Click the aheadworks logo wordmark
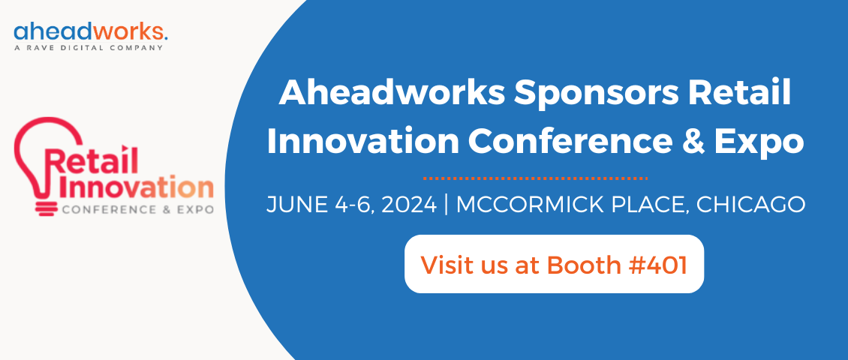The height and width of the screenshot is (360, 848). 89,32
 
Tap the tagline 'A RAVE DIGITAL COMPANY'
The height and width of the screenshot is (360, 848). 89,49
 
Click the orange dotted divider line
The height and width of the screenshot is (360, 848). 535,178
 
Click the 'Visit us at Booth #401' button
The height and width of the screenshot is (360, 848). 554,264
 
